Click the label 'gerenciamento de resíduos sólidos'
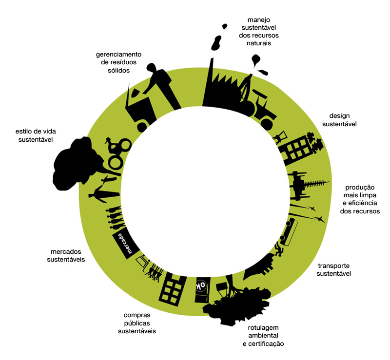pos(118,62)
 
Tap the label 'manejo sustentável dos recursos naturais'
pos(255,32)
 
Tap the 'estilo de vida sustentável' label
pos(34,135)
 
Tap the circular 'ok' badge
pos(200,285)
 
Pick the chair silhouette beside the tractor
pos(281,137)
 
